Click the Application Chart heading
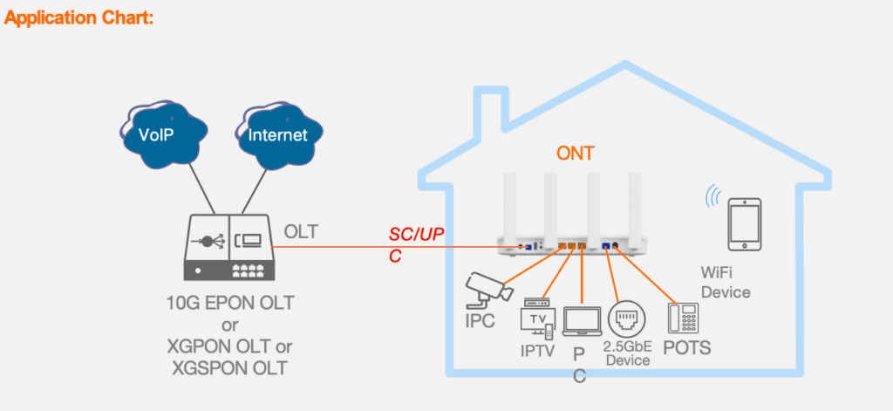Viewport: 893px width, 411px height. click(79, 17)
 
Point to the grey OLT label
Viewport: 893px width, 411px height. click(300, 231)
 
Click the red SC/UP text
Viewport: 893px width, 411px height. click(415, 234)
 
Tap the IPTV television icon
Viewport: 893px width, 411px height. click(537, 319)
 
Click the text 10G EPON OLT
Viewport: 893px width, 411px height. click(228, 304)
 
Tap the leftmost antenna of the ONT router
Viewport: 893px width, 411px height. click(508, 206)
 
